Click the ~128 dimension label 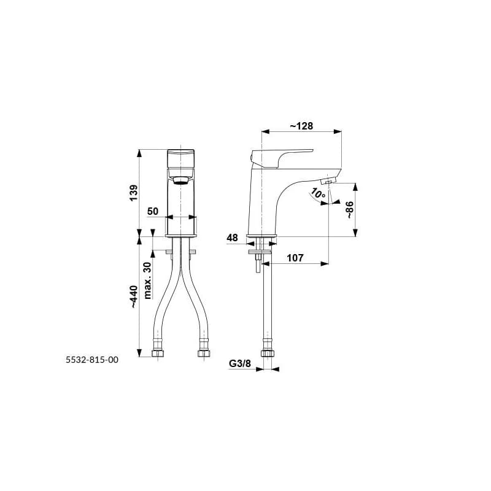(x=301, y=126)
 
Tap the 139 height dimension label (x=134, y=193)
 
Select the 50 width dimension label (x=153, y=211)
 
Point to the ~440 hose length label (x=134, y=296)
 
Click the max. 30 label (x=147, y=280)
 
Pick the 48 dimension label (x=233, y=238)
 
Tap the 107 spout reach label (x=295, y=258)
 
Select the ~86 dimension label (x=349, y=210)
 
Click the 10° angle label (x=319, y=193)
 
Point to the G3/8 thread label (x=240, y=363)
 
